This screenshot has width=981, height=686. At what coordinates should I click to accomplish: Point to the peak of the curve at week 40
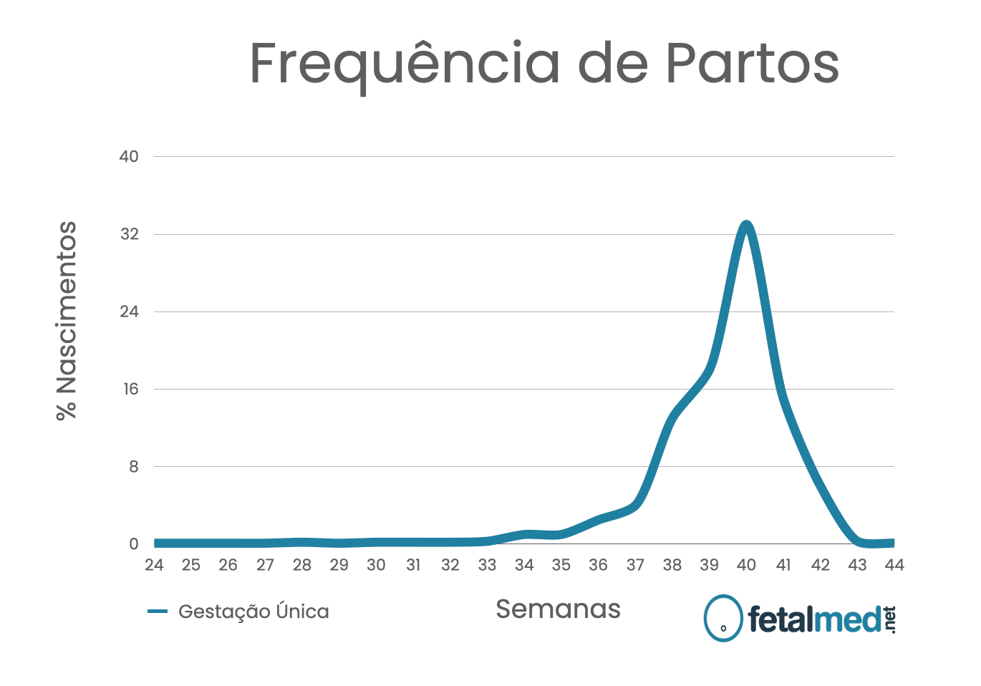[746, 226]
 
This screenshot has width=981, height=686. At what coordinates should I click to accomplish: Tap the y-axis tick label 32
[129, 234]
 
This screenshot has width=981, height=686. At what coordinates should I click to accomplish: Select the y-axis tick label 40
[129, 157]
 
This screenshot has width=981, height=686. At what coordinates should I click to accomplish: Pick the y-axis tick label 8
[133, 467]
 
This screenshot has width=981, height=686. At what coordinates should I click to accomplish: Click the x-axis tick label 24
[154, 565]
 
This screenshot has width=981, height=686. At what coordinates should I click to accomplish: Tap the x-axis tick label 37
[635, 565]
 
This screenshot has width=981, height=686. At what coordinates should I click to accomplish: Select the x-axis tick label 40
[746, 565]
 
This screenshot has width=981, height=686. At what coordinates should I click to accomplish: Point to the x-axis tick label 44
[894, 565]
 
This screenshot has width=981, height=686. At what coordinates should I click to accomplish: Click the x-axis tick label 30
[376, 565]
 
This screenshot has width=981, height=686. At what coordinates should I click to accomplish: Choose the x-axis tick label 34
[524, 565]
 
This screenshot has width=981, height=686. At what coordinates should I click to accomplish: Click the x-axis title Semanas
[558, 609]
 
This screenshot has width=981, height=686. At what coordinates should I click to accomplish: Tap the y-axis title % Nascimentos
[67, 321]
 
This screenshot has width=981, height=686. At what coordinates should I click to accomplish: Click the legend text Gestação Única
[253, 612]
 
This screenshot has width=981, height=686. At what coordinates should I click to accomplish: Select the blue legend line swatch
[158, 612]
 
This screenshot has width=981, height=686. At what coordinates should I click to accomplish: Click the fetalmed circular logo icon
[723, 618]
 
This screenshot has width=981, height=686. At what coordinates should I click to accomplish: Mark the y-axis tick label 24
[129, 311]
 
